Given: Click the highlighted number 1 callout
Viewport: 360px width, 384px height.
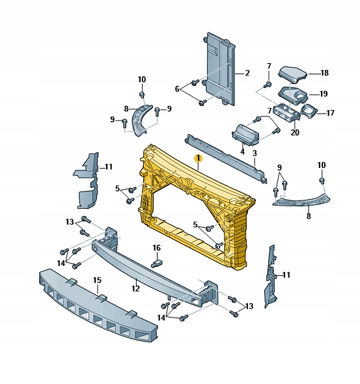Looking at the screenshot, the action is pyautogui.click(x=198, y=158).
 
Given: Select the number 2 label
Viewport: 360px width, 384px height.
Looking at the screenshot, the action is pyautogui.click(x=247, y=73).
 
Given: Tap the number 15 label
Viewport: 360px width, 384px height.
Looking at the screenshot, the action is pyautogui.click(x=97, y=280).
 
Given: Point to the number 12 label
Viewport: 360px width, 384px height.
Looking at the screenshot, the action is pyautogui.click(x=135, y=288).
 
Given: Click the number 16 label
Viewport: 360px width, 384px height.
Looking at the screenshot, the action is pyautogui.click(x=156, y=248).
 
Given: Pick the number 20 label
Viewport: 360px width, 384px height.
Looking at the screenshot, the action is pyautogui.click(x=177, y=89).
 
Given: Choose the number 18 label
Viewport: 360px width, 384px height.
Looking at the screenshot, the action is pyautogui.click(x=324, y=73).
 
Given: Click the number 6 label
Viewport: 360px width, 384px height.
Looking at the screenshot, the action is pyautogui.click(x=177, y=89).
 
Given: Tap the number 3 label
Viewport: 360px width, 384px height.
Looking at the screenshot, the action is pyautogui.click(x=255, y=154).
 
